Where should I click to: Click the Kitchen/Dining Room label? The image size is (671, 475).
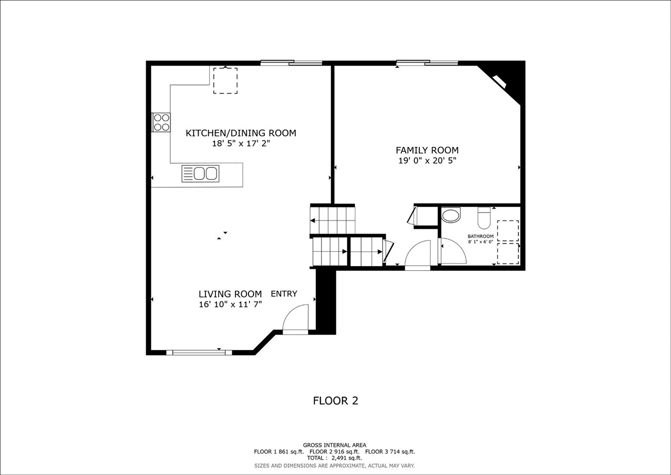pos(241,133)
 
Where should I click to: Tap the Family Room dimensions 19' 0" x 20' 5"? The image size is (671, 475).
pos(427,161)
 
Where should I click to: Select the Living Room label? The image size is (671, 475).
pos(230,294)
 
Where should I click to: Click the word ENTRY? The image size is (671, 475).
pos(284,294)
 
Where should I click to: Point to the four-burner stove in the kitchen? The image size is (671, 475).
pos(161,122)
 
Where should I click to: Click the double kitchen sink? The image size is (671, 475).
pos(200,173)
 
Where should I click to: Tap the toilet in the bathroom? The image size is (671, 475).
pos(483,217)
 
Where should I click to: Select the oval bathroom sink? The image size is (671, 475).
pos(450,215)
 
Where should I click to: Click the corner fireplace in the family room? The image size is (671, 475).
pos(500,81)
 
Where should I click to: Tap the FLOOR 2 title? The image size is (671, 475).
pos(335,400)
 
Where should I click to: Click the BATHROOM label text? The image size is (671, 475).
pos(480,236)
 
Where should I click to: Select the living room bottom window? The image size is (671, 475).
pos(199,352)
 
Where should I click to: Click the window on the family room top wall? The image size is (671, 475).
pos(427,63)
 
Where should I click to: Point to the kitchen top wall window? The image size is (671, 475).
pos(291,63)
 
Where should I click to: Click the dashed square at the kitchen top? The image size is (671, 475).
pos(225,81)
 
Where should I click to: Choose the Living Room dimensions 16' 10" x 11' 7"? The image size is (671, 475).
pos(230,304)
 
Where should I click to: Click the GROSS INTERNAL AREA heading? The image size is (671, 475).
pos(334,445)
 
